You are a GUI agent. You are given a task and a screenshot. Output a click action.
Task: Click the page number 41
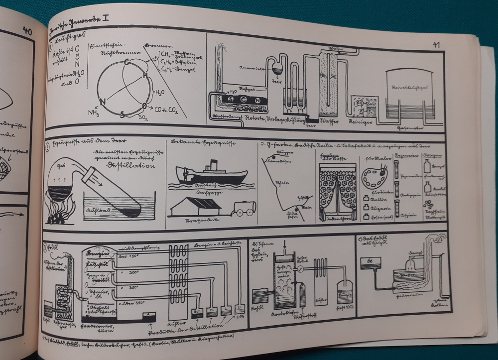coord(436,45)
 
